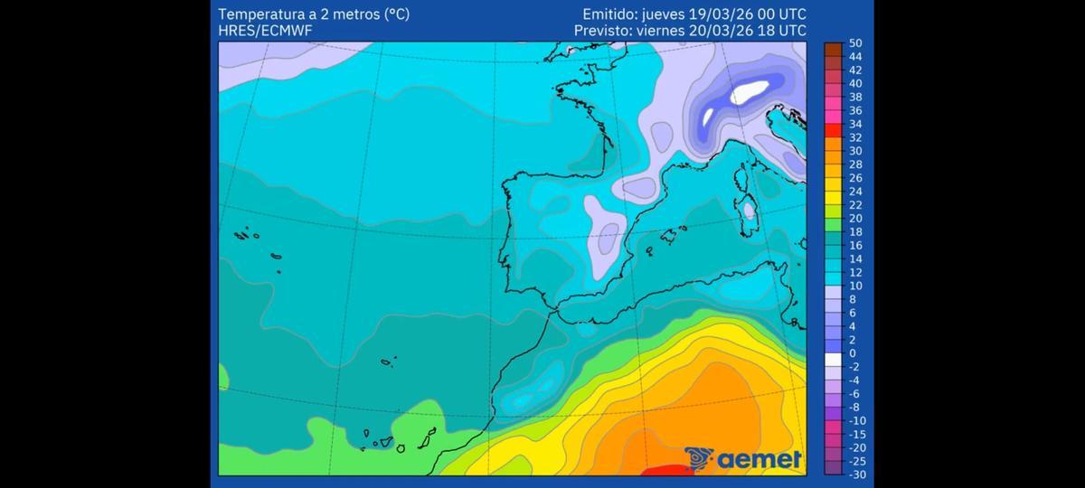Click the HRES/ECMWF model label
(261, 31)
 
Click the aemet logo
(743, 459)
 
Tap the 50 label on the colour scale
(855, 43)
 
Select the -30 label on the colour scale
(856, 474)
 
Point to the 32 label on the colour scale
(855, 137)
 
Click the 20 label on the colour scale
(855, 218)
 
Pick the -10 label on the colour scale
(856, 420)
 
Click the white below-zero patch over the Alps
(749, 92)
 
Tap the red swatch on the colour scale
(833, 130)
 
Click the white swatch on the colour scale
(833, 360)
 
